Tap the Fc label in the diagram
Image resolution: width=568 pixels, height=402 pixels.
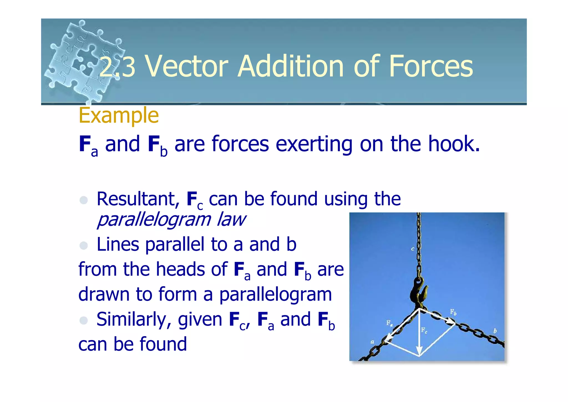coord(424,330)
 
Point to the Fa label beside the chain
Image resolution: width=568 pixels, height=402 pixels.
coord(389,323)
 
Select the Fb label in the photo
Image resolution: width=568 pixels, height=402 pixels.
coord(453,312)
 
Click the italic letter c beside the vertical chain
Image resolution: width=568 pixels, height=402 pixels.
coord(412,249)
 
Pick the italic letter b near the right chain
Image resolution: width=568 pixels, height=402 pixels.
coord(495,331)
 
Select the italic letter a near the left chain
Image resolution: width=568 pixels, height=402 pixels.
coord(372,342)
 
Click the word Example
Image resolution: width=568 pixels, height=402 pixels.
coord(119,116)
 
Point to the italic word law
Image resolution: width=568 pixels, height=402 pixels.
coord(231,219)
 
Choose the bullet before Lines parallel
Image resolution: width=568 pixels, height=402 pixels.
coord(83,245)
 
